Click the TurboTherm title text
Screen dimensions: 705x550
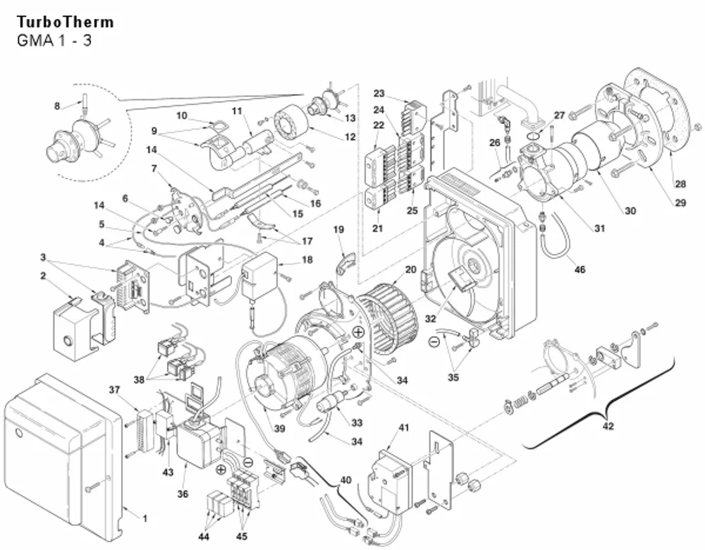pyautogui.click(x=65, y=22)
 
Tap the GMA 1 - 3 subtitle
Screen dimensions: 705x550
pyautogui.click(x=54, y=40)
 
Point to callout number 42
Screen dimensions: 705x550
pyautogui.click(x=608, y=425)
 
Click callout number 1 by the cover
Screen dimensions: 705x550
pyautogui.click(x=145, y=518)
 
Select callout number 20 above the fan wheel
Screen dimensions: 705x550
pyautogui.click(x=410, y=269)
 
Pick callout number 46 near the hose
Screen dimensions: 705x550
pyautogui.click(x=580, y=269)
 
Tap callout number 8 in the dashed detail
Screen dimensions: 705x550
pyautogui.click(x=57, y=106)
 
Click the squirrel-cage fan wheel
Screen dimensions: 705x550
pyautogui.click(x=388, y=317)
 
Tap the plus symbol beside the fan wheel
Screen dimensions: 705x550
pyautogui.click(x=358, y=333)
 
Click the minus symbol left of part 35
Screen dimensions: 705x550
pyautogui.click(x=434, y=342)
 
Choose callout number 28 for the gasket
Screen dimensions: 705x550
pyautogui.click(x=680, y=183)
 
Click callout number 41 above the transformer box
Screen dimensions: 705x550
pyautogui.click(x=404, y=427)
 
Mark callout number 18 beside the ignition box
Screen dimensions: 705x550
pyautogui.click(x=307, y=259)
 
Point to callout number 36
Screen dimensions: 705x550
pyautogui.click(x=183, y=494)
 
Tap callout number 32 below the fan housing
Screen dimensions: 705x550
pyautogui.click(x=430, y=319)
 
